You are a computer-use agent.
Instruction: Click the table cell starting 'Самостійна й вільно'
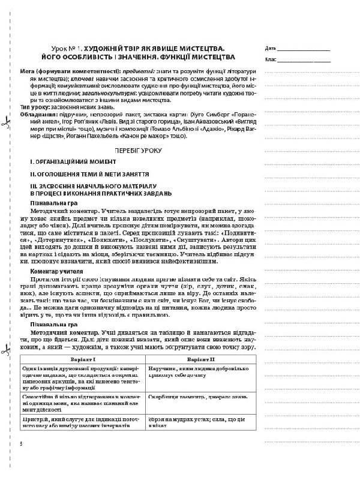click(x=83, y=401)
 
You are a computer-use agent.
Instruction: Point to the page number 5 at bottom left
click(x=21, y=443)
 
